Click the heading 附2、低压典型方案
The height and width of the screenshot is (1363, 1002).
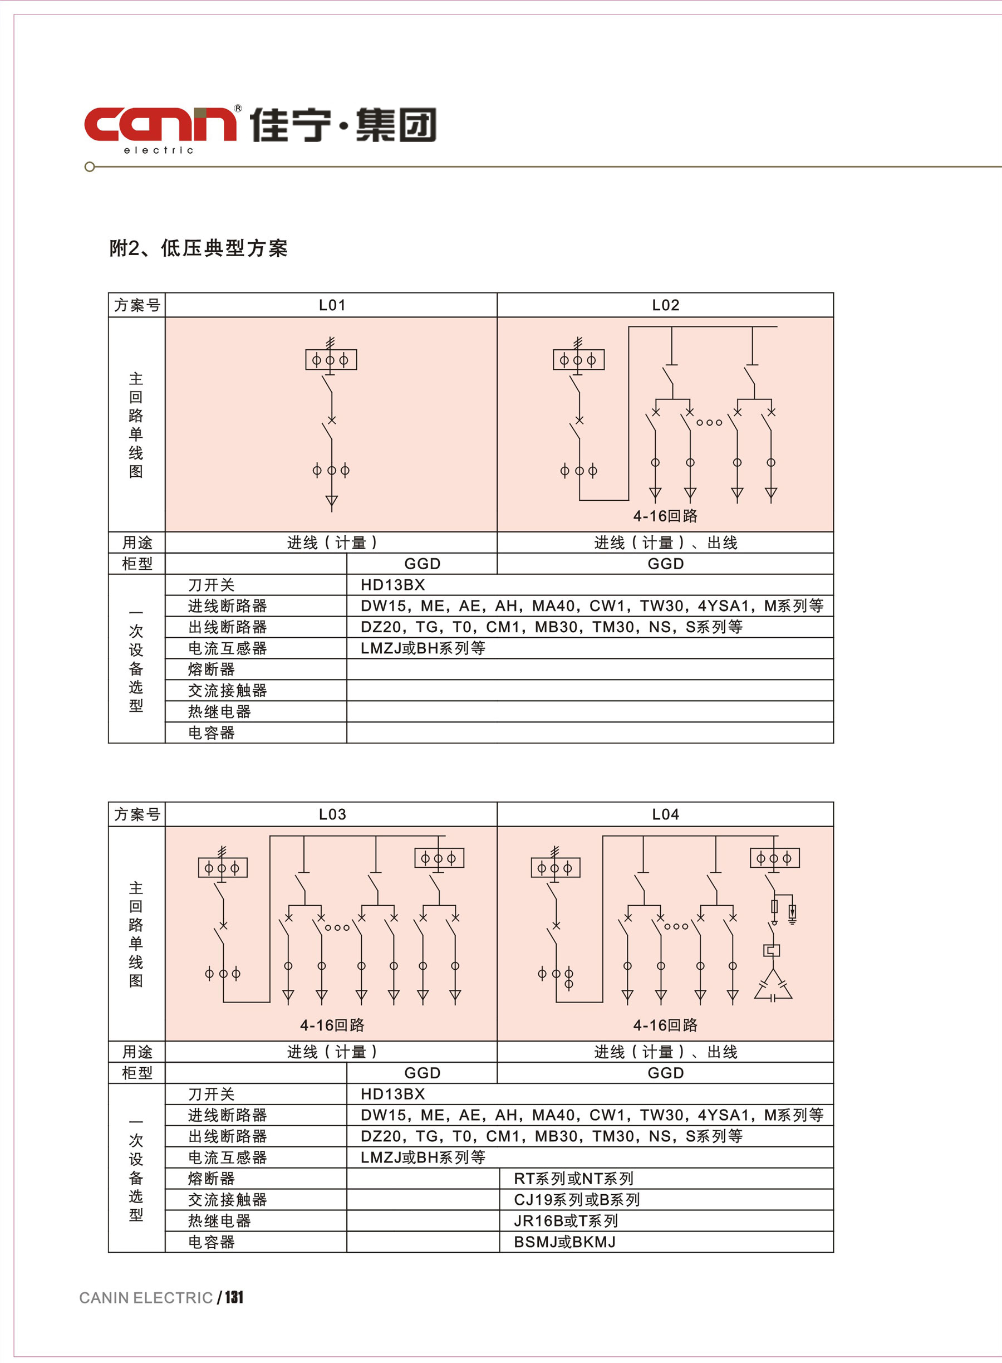pyautogui.click(x=198, y=248)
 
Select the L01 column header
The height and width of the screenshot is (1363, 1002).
pyautogui.click(x=332, y=305)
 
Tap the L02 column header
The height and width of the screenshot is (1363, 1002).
pyautogui.click(x=665, y=305)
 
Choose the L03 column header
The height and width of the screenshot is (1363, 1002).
pyautogui.click(x=332, y=814)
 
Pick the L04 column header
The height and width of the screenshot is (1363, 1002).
pyautogui.click(x=665, y=814)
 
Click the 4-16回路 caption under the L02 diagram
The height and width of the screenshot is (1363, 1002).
pyautogui.click(x=665, y=516)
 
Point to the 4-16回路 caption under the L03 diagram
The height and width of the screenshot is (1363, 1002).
pyautogui.click(x=332, y=1025)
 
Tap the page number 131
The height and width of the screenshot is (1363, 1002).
pyautogui.click(x=234, y=1297)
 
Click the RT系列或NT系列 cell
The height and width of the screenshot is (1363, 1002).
pyautogui.click(x=573, y=1179)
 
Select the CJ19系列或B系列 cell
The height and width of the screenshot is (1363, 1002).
pyautogui.click(x=576, y=1200)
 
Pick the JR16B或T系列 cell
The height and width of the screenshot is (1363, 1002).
pyautogui.click(x=565, y=1221)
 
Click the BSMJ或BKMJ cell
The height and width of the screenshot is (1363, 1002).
pyautogui.click(x=564, y=1242)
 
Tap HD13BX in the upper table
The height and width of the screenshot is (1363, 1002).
pyautogui.click(x=392, y=585)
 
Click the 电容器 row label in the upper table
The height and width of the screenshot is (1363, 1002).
pyautogui.click(x=211, y=733)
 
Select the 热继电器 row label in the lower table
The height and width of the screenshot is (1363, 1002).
pyautogui.click(x=219, y=1221)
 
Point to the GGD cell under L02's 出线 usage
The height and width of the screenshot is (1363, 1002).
pyautogui.click(x=665, y=564)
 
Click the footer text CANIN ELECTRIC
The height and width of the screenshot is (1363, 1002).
pyautogui.click(x=146, y=1298)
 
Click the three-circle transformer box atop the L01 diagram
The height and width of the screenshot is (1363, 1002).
pyautogui.click(x=331, y=360)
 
